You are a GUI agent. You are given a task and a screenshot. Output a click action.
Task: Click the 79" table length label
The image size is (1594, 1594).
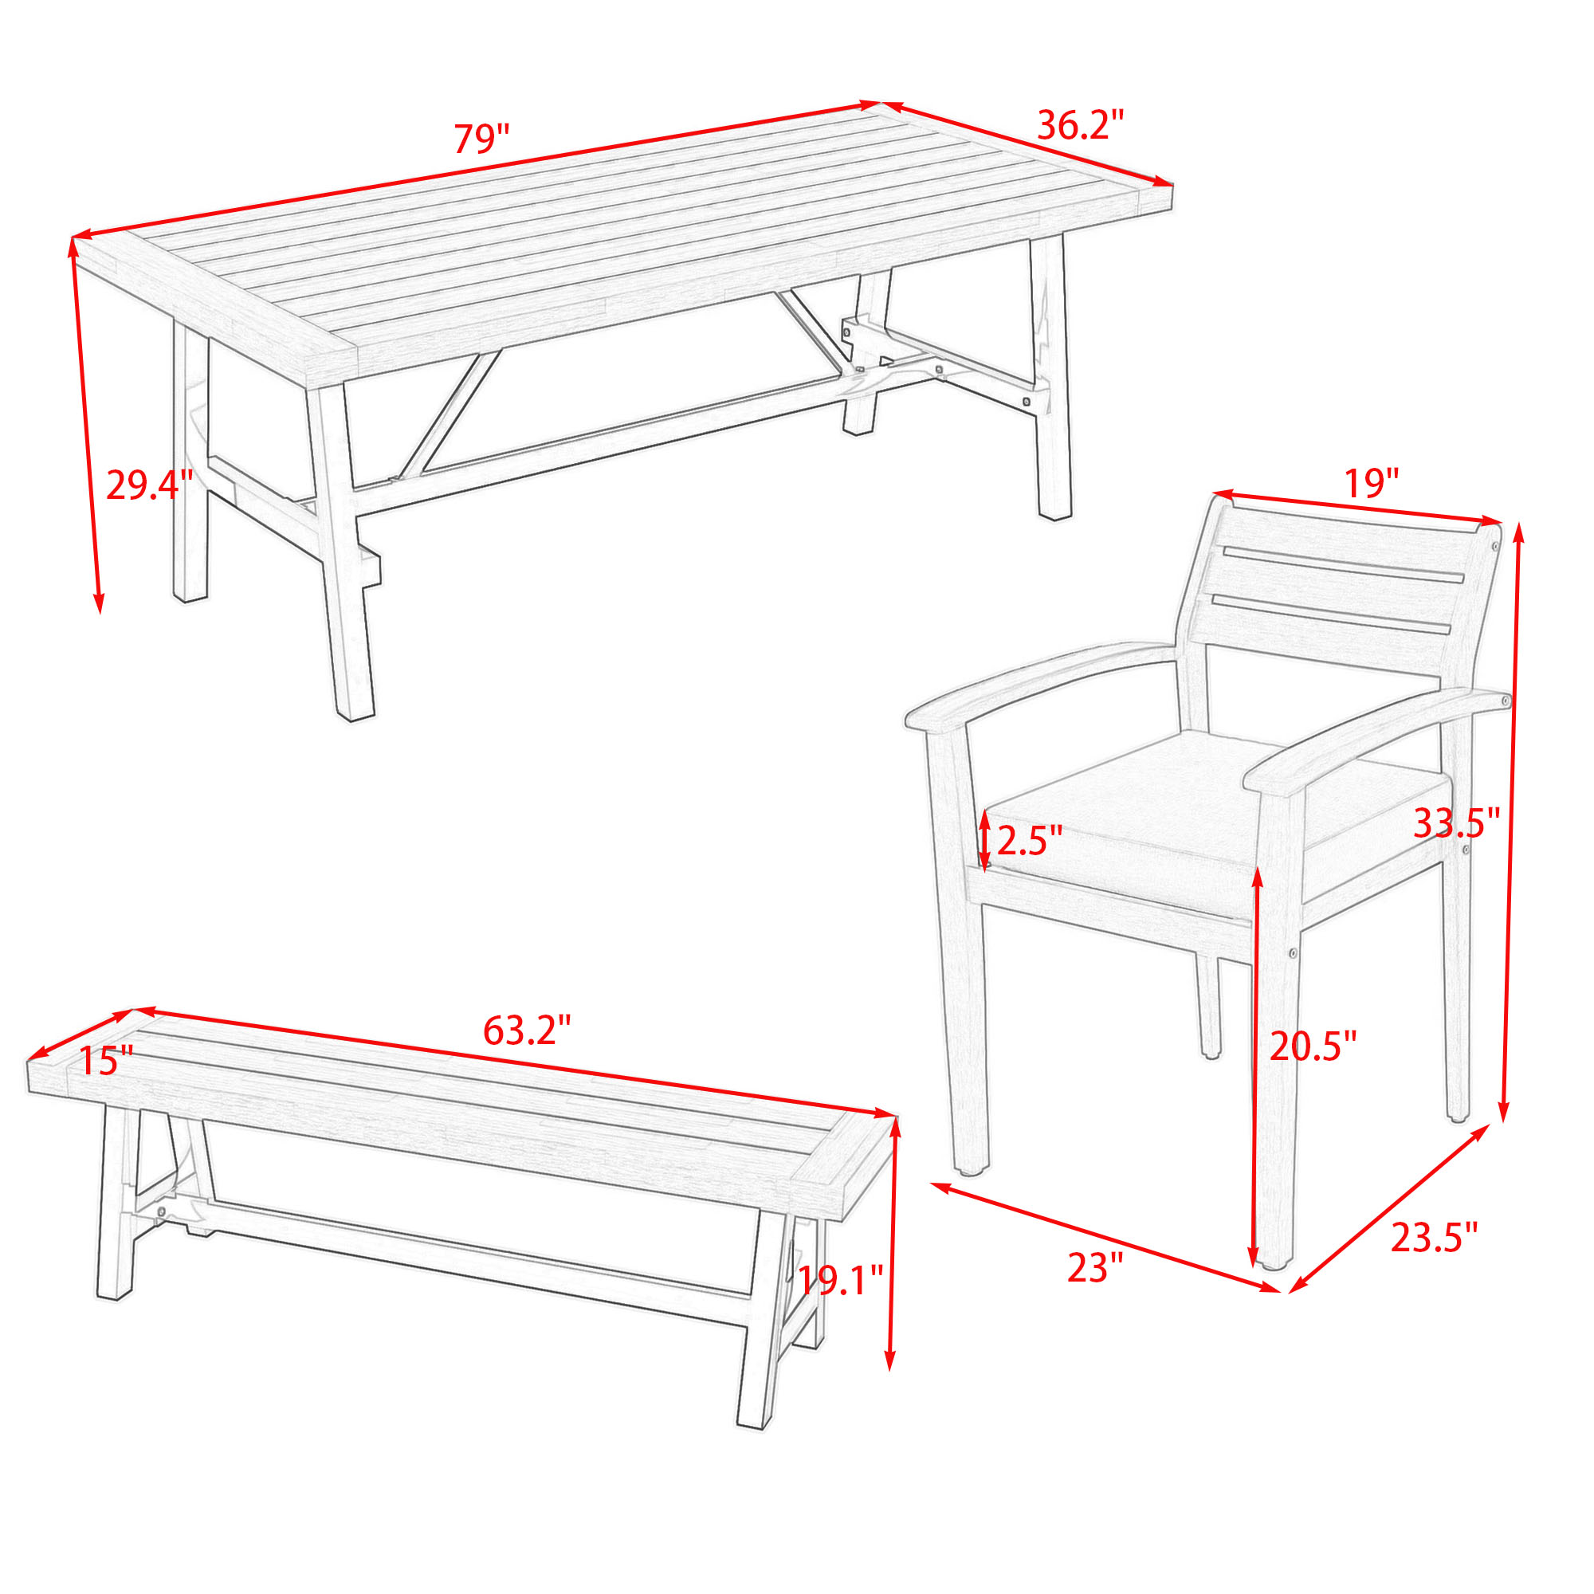tap(481, 139)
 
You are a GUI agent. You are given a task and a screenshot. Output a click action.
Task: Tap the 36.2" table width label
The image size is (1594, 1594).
tap(1080, 125)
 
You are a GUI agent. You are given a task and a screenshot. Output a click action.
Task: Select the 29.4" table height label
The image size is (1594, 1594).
tap(149, 485)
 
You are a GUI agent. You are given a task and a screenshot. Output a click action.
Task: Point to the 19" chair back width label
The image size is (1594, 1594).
tap(1371, 483)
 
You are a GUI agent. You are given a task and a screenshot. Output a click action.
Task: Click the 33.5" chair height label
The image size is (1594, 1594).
tap(1456, 823)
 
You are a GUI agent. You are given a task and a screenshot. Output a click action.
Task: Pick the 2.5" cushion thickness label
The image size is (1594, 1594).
tap(1029, 841)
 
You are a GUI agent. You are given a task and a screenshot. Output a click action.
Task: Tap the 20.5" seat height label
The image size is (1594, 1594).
tap(1313, 1046)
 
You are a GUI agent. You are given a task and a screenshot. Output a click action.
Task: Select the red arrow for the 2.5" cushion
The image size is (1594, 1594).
tap(985, 839)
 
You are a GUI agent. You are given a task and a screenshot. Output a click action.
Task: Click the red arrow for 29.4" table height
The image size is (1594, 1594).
tap(86, 426)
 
